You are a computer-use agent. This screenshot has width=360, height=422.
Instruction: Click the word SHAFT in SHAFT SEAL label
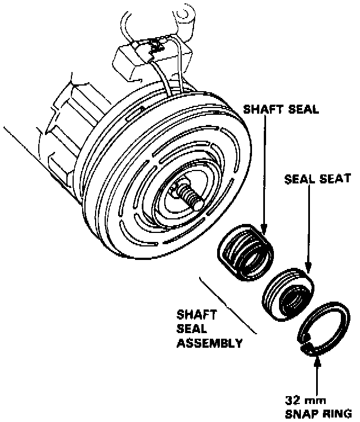[260, 110]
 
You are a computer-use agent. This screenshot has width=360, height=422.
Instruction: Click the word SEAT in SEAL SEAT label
[336, 178]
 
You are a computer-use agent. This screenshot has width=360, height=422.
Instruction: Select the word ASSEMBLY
[210, 342]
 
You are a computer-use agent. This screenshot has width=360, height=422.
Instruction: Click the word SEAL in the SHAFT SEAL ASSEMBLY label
[190, 327]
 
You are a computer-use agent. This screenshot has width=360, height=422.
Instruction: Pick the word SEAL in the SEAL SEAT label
[300, 178]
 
